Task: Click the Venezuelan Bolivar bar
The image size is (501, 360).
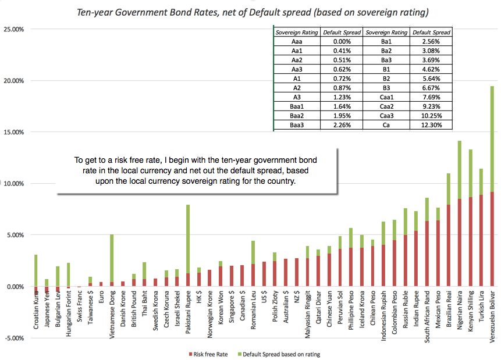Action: (x=492, y=186)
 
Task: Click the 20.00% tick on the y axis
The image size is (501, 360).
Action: (x=13, y=81)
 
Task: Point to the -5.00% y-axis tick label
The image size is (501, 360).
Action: (x=13, y=338)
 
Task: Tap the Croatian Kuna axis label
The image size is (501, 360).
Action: (x=36, y=310)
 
